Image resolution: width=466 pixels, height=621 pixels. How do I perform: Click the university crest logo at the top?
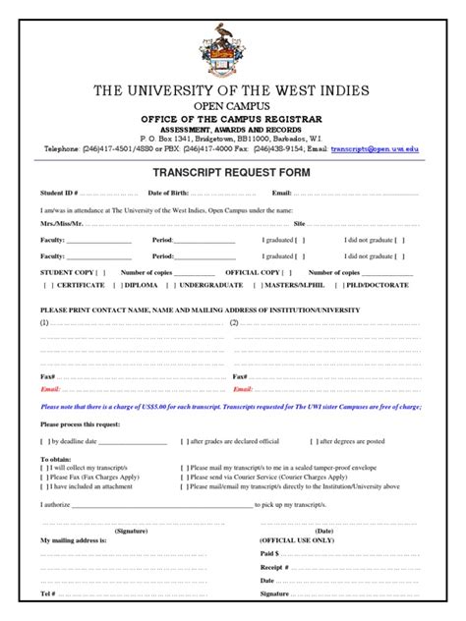point(232,38)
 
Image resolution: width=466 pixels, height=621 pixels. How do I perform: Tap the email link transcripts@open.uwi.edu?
point(375,148)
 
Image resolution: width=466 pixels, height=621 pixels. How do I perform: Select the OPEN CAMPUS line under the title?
point(232,106)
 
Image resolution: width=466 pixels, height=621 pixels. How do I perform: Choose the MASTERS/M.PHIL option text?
point(293,286)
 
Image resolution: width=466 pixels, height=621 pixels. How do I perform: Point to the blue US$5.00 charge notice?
point(232,405)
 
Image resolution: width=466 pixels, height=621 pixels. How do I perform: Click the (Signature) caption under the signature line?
point(131,530)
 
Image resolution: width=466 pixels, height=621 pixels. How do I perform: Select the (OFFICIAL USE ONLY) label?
point(298,540)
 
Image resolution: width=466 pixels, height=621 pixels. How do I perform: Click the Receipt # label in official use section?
point(274,567)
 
